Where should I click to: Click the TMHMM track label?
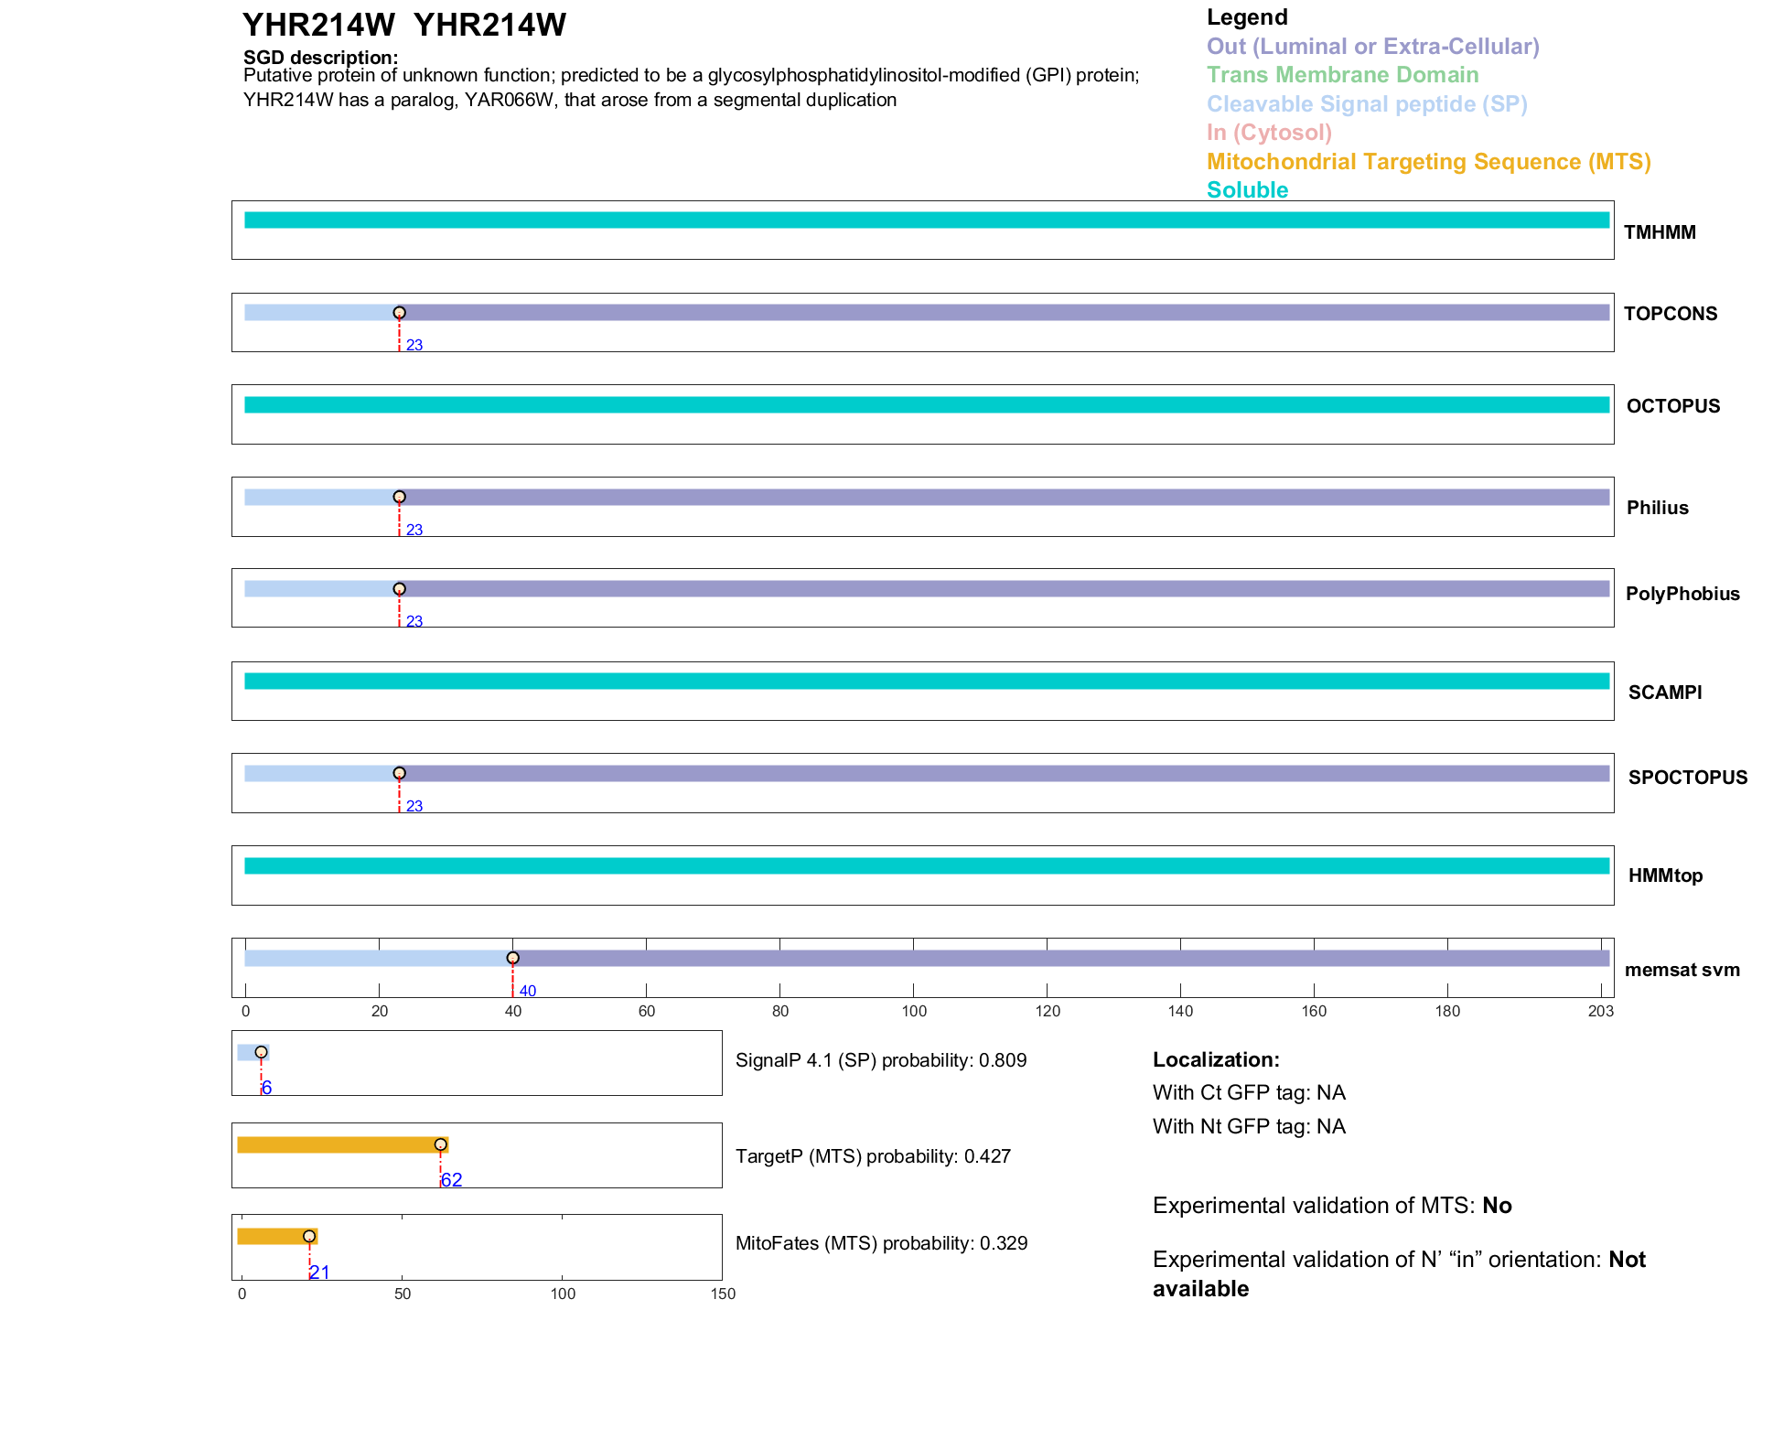point(1659,232)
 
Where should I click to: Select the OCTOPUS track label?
point(1672,406)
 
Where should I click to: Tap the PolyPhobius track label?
point(1682,594)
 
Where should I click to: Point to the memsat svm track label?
point(1682,970)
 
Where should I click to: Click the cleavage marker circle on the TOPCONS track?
point(399,313)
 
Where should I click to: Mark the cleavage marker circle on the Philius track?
point(399,498)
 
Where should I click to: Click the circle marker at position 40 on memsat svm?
point(512,958)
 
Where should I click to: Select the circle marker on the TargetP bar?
point(440,1144)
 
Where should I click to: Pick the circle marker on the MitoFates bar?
point(309,1236)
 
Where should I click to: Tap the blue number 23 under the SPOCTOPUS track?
point(414,806)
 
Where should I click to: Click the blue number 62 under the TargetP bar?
point(451,1180)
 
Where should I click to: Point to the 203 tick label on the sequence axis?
point(1600,1011)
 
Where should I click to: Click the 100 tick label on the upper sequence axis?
point(913,1011)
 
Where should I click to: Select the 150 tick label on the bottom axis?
point(723,1294)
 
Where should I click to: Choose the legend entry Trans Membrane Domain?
point(1342,75)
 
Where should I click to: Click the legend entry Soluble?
point(1247,190)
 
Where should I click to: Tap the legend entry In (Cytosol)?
point(1269,133)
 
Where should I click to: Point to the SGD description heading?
point(320,58)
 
